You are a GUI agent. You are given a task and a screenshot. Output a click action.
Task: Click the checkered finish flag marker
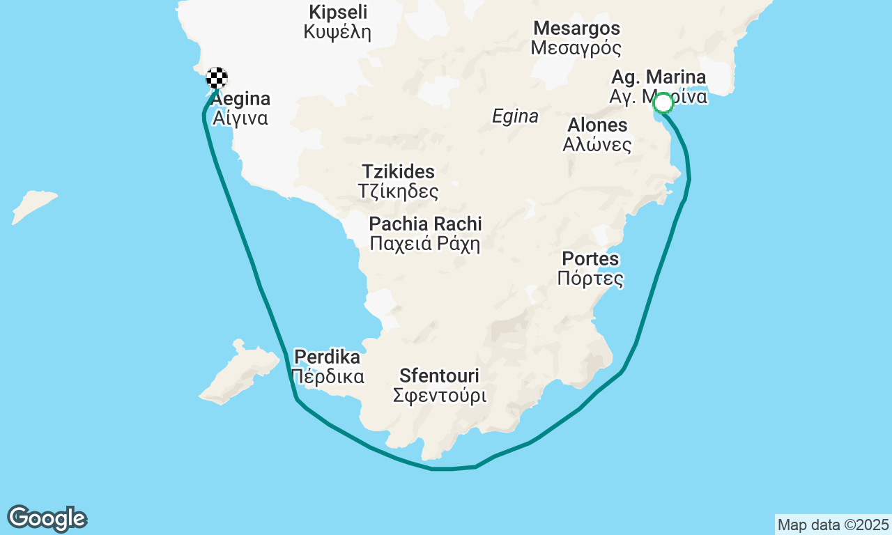coord(217,77)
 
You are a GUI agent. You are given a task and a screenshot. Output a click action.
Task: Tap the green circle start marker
coord(663,103)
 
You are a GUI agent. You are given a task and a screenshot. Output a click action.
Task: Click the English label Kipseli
coord(338,13)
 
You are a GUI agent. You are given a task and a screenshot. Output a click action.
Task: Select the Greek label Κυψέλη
coord(337,32)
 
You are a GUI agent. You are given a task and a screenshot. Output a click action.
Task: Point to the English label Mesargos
coord(576,29)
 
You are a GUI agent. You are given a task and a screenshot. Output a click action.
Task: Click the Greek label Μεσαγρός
coord(576,48)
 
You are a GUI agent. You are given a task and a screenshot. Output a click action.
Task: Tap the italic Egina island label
coord(515,116)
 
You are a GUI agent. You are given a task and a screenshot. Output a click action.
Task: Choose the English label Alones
coord(597,125)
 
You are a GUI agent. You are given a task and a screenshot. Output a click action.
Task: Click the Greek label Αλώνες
coord(597,145)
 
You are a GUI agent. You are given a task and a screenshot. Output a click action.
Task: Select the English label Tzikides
coord(398,171)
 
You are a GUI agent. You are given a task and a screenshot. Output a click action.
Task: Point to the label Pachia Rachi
coord(425,224)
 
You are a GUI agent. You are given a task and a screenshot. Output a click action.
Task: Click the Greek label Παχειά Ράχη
coord(425,244)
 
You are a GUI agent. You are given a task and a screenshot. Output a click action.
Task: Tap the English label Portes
coord(590,259)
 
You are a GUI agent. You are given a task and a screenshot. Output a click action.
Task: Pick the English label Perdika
coord(327,357)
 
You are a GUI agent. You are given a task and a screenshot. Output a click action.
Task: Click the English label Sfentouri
coord(439,376)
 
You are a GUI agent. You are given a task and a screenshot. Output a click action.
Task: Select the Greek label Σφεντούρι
coord(439,396)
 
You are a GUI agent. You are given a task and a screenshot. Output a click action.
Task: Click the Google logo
coord(47,518)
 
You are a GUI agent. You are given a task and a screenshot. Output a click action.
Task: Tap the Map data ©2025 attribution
coord(833,525)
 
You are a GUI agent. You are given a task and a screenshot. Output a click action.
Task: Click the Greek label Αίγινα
coord(240,118)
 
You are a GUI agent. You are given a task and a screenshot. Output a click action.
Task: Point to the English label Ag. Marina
coord(658,77)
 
